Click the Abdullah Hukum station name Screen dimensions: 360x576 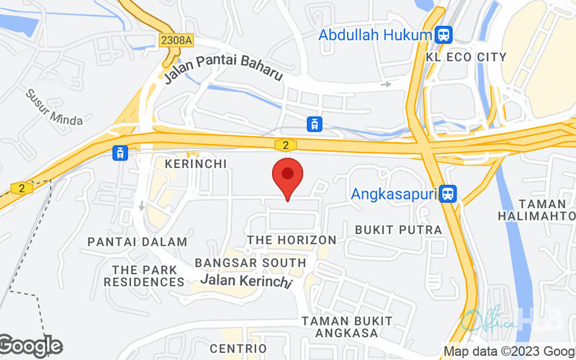click(374, 35)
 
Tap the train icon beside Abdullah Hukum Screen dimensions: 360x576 click(444, 34)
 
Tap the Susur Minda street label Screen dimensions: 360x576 click(54, 107)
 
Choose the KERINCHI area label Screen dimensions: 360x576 click(195, 163)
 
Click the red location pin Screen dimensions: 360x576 click(287, 179)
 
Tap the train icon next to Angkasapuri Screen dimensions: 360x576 click(449, 193)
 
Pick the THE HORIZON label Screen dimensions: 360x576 click(292, 239)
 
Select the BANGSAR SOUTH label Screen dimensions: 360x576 click(251, 263)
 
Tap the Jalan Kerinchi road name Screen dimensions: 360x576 click(247, 279)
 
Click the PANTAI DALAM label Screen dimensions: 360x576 click(127, 242)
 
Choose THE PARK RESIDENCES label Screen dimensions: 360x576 click(144, 276)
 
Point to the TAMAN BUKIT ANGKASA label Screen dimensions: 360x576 click(347, 326)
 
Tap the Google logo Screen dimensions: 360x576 click(31, 346)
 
